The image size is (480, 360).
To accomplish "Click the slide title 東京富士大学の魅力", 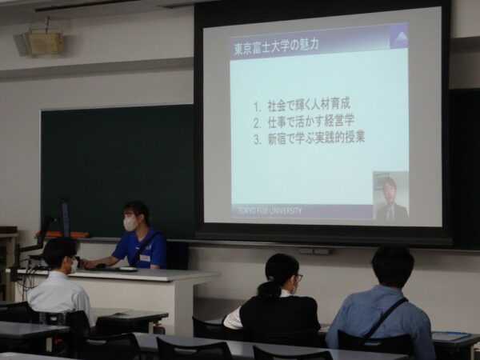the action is (x=276, y=46).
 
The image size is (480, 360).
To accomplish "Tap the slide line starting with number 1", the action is (x=302, y=106).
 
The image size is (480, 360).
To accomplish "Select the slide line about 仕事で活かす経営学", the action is (x=304, y=122).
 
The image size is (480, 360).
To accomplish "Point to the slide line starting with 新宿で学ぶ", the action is (x=309, y=138).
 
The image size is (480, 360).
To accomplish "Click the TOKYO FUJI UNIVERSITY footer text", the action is (x=270, y=210).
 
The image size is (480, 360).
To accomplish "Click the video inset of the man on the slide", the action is (x=390, y=195).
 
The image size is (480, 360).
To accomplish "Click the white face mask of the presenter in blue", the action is (x=130, y=224).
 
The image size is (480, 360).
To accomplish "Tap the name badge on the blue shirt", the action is (x=145, y=258).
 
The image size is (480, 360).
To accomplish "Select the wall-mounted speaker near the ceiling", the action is (x=39, y=44).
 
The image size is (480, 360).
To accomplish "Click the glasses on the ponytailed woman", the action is (x=298, y=278).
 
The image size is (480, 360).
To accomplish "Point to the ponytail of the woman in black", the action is (x=270, y=290).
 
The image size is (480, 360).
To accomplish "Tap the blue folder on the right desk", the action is (x=451, y=336).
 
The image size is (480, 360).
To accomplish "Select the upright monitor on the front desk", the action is (x=65, y=218).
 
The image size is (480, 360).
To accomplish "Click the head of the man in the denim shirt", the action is (x=393, y=266).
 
